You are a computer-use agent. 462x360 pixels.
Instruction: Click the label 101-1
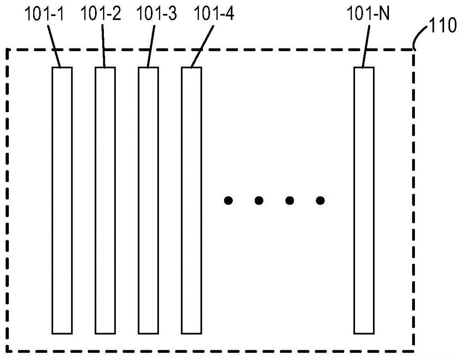click(44, 14)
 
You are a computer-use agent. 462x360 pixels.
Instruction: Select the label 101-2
click(100, 13)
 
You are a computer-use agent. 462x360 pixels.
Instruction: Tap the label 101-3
click(157, 13)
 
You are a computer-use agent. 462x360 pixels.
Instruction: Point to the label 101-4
click(214, 13)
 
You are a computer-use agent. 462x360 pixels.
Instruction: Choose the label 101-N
click(368, 13)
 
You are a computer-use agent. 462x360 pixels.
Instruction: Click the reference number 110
click(444, 25)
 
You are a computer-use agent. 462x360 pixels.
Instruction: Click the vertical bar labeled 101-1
click(62, 201)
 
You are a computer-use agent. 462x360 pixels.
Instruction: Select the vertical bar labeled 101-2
click(105, 201)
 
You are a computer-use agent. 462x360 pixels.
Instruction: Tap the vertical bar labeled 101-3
click(148, 201)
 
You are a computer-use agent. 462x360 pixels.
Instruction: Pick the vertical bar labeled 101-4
click(192, 201)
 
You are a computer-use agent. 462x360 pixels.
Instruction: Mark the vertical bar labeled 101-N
click(364, 201)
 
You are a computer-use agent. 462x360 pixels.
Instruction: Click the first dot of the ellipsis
click(228, 201)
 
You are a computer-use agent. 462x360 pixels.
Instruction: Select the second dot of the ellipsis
click(259, 201)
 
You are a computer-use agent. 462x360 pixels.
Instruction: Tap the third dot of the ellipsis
click(290, 201)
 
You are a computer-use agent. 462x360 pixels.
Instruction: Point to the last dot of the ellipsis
click(320, 201)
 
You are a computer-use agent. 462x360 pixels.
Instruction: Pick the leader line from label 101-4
click(202, 47)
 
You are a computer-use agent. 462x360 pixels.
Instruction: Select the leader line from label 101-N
click(366, 46)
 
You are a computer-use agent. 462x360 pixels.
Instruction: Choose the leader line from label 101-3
click(151, 46)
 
